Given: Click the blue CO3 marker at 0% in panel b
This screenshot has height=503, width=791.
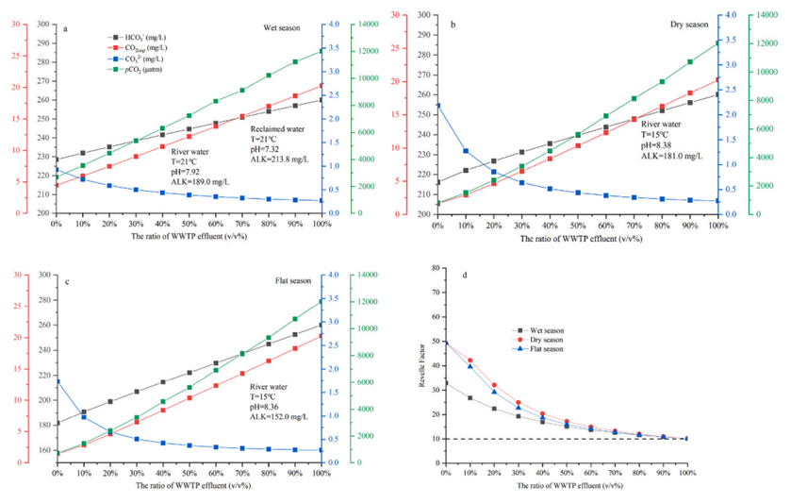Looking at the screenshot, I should pos(437,105).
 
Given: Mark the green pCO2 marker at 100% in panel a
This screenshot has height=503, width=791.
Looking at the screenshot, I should pos(321,50).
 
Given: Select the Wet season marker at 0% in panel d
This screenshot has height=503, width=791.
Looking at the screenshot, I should pos(446,383).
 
